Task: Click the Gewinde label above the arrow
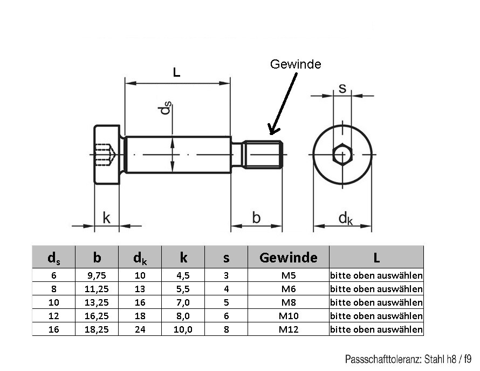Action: pyautogui.click(x=295, y=64)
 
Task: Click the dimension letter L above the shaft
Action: pyautogui.click(x=177, y=72)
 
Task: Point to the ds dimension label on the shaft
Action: pyautogui.click(x=166, y=109)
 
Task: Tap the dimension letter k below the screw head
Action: pyautogui.click(x=107, y=218)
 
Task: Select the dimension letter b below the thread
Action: pyautogui.click(x=256, y=218)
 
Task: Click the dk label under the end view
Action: pyautogui.click(x=345, y=218)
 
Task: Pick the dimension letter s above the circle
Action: pyautogui.click(x=342, y=88)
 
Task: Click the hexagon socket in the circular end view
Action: pyautogui.click(x=342, y=155)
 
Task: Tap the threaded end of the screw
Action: pyautogui.click(x=263, y=154)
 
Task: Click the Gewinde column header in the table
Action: pyautogui.click(x=288, y=258)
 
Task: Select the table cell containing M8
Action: pyautogui.click(x=288, y=302)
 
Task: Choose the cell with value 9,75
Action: pyautogui.click(x=97, y=275)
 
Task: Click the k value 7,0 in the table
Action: pyautogui.click(x=183, y=302)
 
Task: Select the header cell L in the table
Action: pyautogui.click(x=376, y=258)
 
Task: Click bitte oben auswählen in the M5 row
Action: pyautogui.click(x=376, y=275)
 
